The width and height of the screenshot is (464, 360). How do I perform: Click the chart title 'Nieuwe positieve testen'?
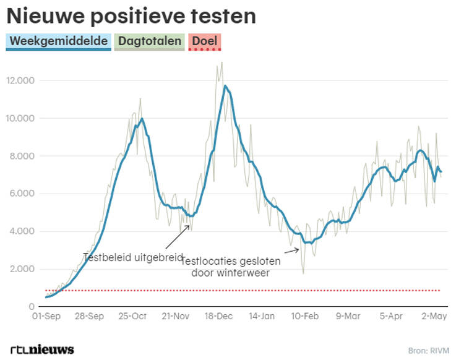(131, 15)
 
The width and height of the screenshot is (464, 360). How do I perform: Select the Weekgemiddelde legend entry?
(59, 41)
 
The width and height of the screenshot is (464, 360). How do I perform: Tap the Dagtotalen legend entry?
(150, 41)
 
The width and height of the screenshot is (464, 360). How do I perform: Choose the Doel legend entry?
(204, 41)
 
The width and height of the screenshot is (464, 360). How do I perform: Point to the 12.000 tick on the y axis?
(20, 80)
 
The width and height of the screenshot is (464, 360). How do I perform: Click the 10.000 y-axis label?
(20, 118)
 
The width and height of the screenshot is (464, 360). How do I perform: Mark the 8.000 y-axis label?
(22, 156)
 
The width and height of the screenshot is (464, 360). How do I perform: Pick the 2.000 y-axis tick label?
(22, 269)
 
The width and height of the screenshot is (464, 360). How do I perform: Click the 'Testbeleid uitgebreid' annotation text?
(133, 257)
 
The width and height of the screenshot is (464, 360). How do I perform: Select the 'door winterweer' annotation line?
(230, 273)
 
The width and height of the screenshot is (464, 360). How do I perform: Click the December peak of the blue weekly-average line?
(225, 86)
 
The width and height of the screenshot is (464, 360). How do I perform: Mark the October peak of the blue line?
(142, 119)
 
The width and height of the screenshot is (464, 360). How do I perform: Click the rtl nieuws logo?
(42, 349)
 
